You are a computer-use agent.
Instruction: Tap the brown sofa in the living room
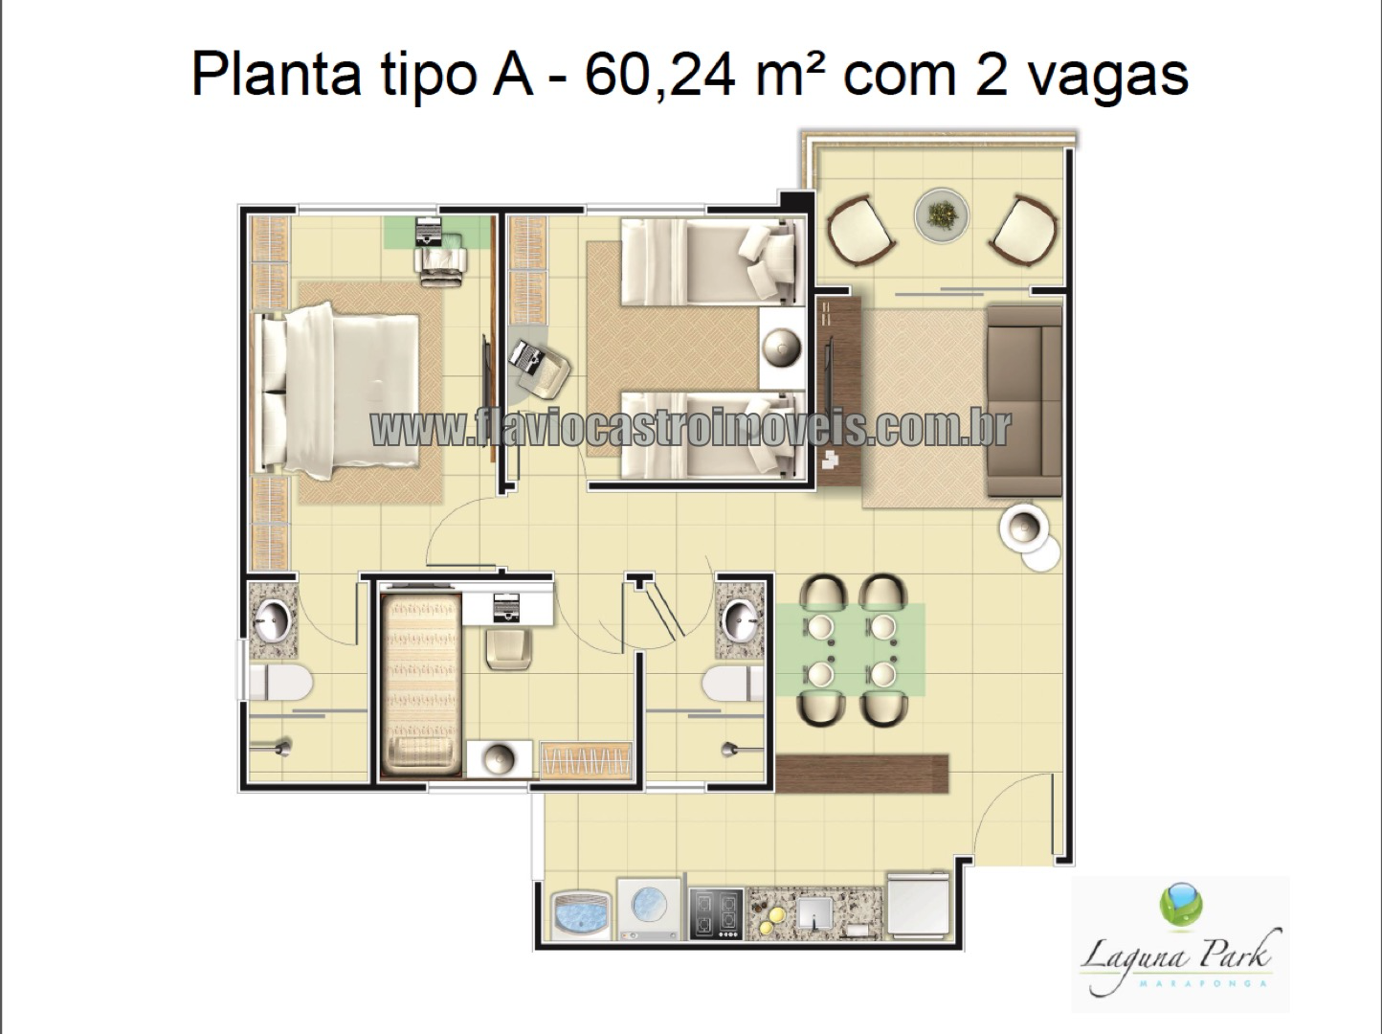point(1024,401)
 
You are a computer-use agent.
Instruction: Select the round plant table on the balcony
point(941,215)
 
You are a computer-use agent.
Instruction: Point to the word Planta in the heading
point(277,75)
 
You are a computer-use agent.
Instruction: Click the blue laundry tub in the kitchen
point(581,915)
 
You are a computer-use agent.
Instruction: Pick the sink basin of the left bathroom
point(273,620)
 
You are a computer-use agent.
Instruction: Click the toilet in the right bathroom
point(734,684)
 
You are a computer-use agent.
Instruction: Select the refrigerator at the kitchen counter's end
point(918,906)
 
